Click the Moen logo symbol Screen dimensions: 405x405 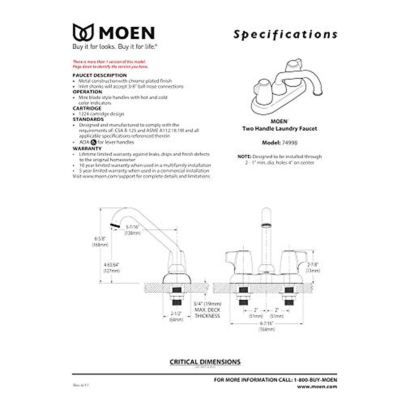click(x=83, y=32)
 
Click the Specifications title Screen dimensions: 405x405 click(x=285, y=34)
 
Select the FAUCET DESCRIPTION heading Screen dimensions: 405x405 click(x=100, y=75)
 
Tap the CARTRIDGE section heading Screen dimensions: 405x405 click(x=87, y=108)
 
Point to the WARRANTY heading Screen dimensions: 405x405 click(x=87, y=148)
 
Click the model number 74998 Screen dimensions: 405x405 click(x=290, y=143)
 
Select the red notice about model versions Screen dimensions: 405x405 click(x=110, y=64)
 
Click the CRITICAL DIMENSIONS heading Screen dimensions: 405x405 click(x=205, y=362)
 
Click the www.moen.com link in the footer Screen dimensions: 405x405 click(x=317, y=386)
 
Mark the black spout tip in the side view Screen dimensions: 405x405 click(x=115, y=225)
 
